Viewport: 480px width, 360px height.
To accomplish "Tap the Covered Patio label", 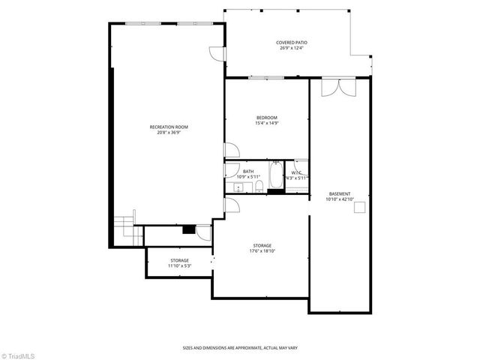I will (x=292, y=43).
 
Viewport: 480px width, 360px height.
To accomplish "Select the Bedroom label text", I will (x=267, y=118).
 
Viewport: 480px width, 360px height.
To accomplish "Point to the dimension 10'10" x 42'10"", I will (x=339, y=199).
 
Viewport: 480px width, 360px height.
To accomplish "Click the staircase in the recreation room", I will (x=123, y=229).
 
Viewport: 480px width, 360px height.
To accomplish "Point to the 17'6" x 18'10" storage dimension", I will (x=262, y=251).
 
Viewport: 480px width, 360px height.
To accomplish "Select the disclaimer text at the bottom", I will (x=239, y=347).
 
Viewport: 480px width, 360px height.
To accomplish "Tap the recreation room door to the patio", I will (x=217, y=54).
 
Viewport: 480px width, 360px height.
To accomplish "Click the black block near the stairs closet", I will (x=188, y=230).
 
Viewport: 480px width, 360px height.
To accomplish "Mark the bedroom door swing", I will (x=232, y=150).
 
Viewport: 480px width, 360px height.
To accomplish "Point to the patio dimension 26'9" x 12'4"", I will (x=292, y=49).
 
